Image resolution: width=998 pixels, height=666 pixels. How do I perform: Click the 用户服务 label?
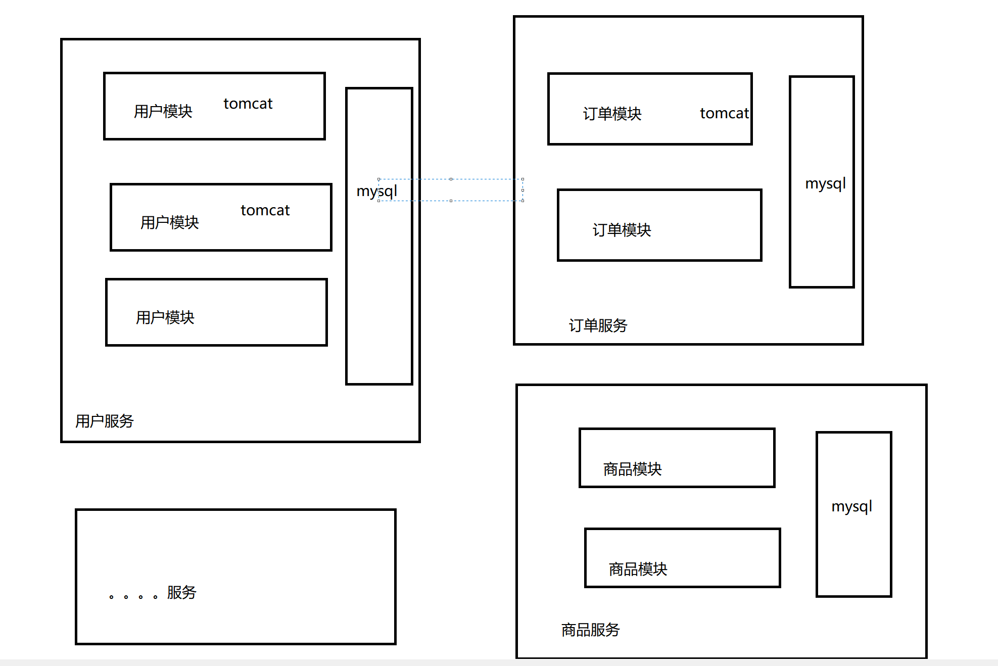105,421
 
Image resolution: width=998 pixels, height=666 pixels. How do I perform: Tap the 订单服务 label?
598,325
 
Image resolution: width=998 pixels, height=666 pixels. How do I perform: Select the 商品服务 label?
590,630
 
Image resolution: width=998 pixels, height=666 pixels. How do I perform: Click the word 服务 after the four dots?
181,592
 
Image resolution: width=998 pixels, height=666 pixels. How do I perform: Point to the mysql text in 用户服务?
376,191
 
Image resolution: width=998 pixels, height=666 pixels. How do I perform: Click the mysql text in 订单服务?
825,183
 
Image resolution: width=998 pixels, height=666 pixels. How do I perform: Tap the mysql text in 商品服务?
851,506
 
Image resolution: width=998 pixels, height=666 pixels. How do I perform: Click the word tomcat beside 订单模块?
724,113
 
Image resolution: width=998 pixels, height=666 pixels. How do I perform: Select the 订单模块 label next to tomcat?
612,114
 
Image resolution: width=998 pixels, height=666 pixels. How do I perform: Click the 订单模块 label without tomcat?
622,230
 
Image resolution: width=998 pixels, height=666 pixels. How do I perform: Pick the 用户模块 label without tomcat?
165,317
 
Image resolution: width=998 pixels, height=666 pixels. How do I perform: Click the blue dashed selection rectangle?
451,179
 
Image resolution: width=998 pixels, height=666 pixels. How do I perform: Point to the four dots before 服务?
133,597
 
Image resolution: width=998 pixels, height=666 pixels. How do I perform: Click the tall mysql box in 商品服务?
853,556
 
